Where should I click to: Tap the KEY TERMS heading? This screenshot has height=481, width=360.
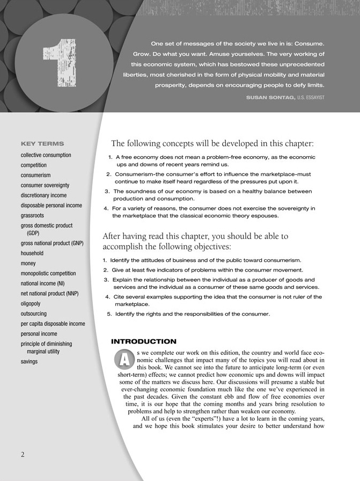(x=42, y=144)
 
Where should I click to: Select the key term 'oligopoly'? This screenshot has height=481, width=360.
(x=34, y=303)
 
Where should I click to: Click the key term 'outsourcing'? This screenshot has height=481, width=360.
(x=34, y=314)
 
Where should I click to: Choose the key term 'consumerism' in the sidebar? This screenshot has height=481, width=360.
(x=36, y=175)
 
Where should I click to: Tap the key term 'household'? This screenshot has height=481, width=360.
(x=32, y=253)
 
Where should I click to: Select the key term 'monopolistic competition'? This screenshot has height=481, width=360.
(x=48, y=273)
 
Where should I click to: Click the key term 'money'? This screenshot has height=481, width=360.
(x=28, y=264)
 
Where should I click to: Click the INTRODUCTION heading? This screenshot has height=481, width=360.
(x=143, y=341)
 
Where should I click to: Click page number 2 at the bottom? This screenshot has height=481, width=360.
(x=23, y=454)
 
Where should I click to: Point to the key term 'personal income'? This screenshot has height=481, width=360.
(x=39, y=333)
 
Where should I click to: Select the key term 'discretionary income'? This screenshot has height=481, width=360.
(x=44, y=195)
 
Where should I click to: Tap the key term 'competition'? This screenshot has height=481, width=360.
(x=34, y=165)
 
